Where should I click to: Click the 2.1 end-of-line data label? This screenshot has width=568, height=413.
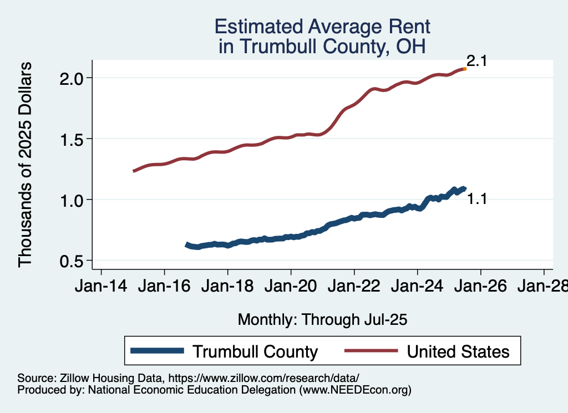click(x=476, y=61)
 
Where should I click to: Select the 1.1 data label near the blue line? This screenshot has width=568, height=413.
click(x=476, y=200)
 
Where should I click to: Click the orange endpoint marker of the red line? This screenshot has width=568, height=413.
click(x=464, y=69)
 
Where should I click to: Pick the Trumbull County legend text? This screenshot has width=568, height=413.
click(x=255, y=351)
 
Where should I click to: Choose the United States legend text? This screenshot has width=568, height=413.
click(x=458, y=351)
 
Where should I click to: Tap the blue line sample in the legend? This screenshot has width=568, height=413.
click(x=157, y=351)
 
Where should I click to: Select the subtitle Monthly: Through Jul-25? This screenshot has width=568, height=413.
click(x=322, y=320)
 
